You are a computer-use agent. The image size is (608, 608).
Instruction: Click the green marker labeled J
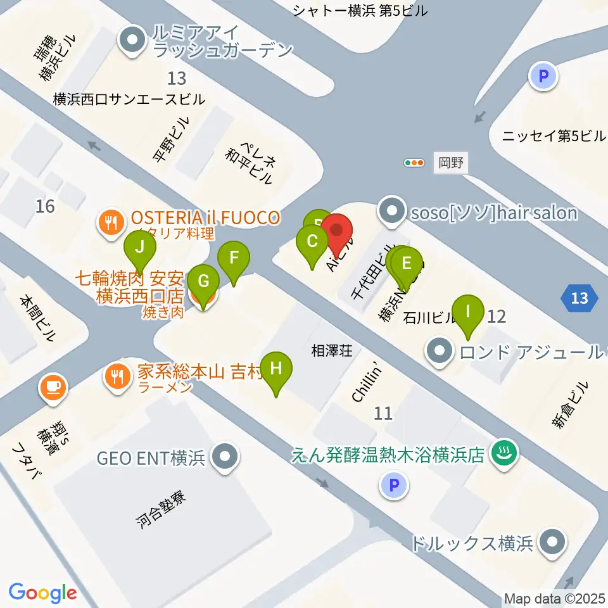coord(140,246)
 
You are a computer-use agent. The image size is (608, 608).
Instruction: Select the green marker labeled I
coord(468,312)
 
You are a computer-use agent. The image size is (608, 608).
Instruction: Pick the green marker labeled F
coord(234,258)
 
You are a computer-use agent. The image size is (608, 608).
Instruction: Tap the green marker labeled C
coord(312,241)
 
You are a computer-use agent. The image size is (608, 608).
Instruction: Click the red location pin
coord(337,231)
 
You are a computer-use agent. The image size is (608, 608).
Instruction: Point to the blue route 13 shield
coord(579,298)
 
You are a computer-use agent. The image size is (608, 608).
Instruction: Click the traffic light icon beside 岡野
coord(414,163)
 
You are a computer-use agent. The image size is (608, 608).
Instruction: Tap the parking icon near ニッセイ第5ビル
coord(543,77)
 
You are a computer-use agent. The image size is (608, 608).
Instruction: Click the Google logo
coord(43,592)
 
